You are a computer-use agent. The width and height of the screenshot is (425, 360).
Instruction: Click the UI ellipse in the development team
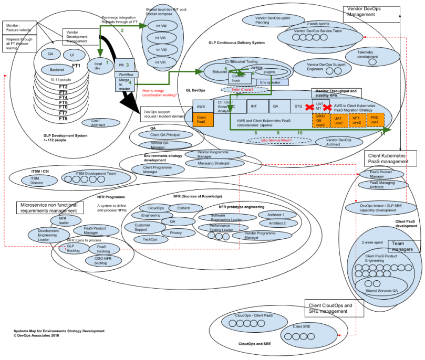click(74, 55)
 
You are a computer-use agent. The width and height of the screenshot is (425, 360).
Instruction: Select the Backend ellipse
click(57, 70)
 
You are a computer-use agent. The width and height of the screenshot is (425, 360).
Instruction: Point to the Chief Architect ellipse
click(98, 123)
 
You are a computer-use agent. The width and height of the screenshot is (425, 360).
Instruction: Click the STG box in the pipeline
click(298, 105)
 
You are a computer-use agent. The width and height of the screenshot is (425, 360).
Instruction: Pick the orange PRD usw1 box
click(374, 120)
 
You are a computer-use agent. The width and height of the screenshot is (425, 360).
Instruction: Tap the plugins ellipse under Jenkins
click(269, 72)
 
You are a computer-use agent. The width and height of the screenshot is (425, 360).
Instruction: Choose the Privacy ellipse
click(175, 232)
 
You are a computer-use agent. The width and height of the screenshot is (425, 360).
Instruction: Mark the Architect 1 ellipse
click(275, 215)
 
